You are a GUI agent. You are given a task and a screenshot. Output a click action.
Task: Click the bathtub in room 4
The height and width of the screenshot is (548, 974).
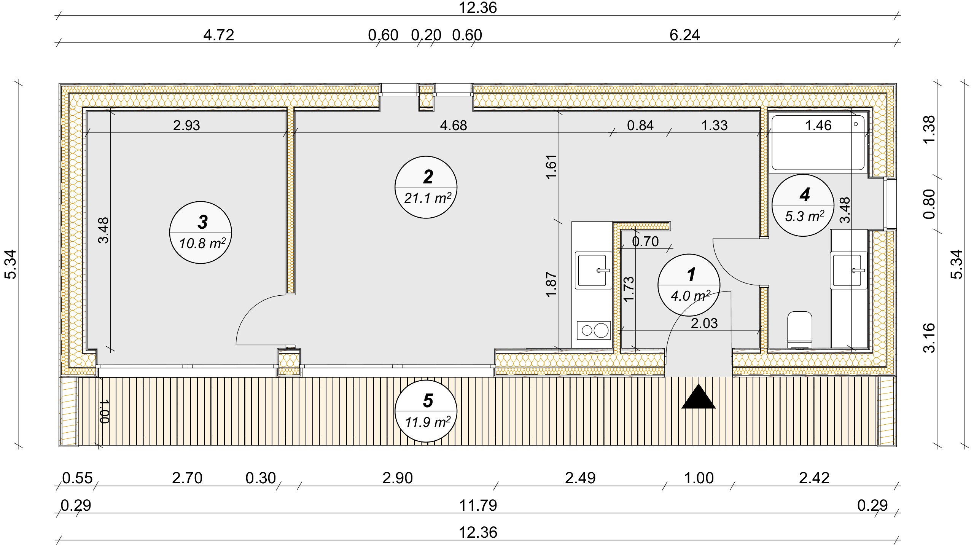[818, 143]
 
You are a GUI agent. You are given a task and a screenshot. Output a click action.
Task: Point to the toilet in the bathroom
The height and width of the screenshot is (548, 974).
[799, 329]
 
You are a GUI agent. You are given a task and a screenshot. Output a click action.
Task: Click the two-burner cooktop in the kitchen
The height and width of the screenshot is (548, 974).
[594, 330]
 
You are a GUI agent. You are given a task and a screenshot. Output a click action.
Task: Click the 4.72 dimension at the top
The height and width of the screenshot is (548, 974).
[219, 35]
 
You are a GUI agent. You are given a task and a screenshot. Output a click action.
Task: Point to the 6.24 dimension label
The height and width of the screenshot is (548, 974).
[684, 35]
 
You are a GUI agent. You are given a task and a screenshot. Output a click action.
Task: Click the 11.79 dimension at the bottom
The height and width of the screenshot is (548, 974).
[478, 506]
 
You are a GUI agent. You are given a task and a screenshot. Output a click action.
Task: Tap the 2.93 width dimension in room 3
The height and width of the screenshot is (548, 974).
[186, 125]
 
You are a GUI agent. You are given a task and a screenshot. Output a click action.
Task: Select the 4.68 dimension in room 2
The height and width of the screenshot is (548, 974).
[454, 125]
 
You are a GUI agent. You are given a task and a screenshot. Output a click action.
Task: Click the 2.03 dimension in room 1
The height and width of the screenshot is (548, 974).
[704, 323]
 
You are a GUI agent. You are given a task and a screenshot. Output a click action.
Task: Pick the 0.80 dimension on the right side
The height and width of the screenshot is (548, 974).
[929, 204]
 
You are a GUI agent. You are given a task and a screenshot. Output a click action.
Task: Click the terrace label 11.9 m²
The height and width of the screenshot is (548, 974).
[428, 422]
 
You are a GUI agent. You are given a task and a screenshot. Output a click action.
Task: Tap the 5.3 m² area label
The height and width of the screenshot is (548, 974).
[805, 217]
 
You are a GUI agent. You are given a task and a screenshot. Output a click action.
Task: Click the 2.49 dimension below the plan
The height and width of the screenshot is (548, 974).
[580, 478]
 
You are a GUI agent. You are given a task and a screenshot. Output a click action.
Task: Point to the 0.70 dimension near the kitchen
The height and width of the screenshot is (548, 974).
[645, 242]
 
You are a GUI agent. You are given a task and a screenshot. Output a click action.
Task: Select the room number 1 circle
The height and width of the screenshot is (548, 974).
[689, 285]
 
